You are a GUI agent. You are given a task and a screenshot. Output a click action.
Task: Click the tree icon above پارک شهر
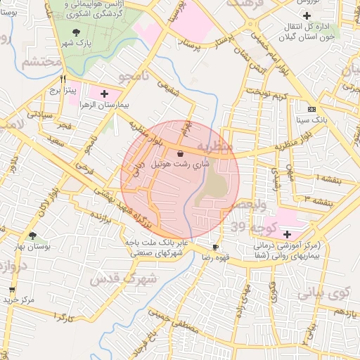pyautogui.click(x=76, y=32)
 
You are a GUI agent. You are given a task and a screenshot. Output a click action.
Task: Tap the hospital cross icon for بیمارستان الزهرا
pyautogui.click(x=104, y=93)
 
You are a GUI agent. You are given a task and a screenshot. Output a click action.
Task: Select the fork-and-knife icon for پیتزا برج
pyautogui.click(x=63, y=79)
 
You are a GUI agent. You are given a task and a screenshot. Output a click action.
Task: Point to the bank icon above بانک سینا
pyautogui.click(x=311, y=109)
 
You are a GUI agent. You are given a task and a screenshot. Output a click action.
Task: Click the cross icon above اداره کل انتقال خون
pyautogui.click(x=307, y=15)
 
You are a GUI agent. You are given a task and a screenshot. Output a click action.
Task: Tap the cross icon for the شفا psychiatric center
pyautogui.click(x=286, y=233)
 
